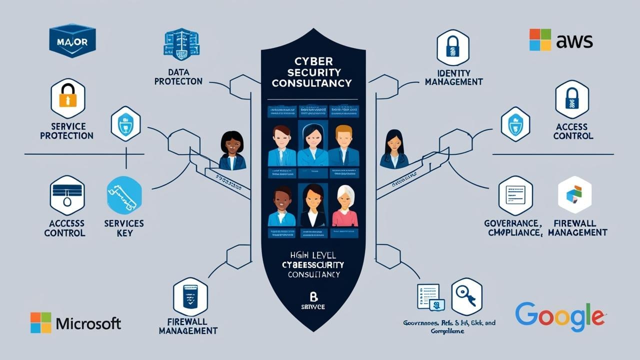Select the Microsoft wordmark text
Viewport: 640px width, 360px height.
point(88,323)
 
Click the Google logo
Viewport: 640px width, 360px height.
point(559,317)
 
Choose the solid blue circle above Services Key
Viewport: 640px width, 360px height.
point(124,195)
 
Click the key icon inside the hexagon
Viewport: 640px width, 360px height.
point(466,296)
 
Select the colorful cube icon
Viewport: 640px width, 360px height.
point(574,194)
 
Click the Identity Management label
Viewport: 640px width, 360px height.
point(453,77)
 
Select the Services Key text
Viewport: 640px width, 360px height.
point(124,228)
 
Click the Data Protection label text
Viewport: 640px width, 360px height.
point(178,76)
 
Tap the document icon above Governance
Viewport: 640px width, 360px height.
point(515,195)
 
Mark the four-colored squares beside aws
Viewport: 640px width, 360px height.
point(540,40)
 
